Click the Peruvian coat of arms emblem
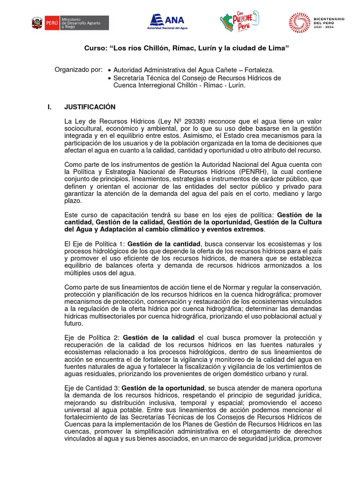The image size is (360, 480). pyautogui.click(x=37, y=22)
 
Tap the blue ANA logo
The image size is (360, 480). pyautogui.click(x=167, y=21)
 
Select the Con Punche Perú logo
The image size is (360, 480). pyautogui.click(x=239, y=22)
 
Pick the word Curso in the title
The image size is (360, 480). pyautogui.click(x=95, y=48)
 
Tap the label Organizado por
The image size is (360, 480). pyautogui.click(x=78, y=69)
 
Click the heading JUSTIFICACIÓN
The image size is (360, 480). pyautogui.click(x=90, y=107)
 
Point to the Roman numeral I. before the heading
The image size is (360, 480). pyautogui.click(x=50, y=107)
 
